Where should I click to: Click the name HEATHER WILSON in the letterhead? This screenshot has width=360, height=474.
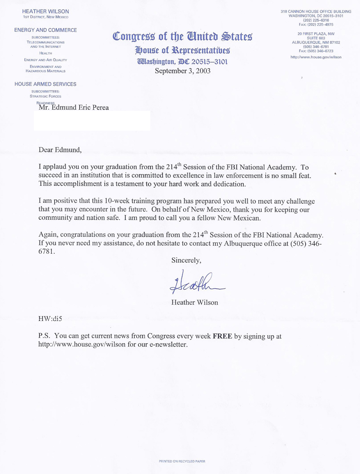coord(45,11)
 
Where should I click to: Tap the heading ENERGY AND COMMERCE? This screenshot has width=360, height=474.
coord(45,30)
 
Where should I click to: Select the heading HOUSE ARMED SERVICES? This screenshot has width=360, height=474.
coord(45,84)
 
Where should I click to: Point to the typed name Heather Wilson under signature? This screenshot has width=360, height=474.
coord(195,302)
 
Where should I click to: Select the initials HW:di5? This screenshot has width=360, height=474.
coord(50,318)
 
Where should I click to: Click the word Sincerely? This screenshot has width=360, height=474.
coord(186,260)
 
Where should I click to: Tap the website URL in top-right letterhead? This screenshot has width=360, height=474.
coord(316,57)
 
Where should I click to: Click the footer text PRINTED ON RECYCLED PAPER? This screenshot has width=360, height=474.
coord(182,461)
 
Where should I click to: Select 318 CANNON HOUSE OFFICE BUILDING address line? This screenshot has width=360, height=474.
coord(316,11)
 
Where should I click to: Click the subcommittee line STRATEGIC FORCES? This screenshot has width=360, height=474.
coord(45,96)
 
